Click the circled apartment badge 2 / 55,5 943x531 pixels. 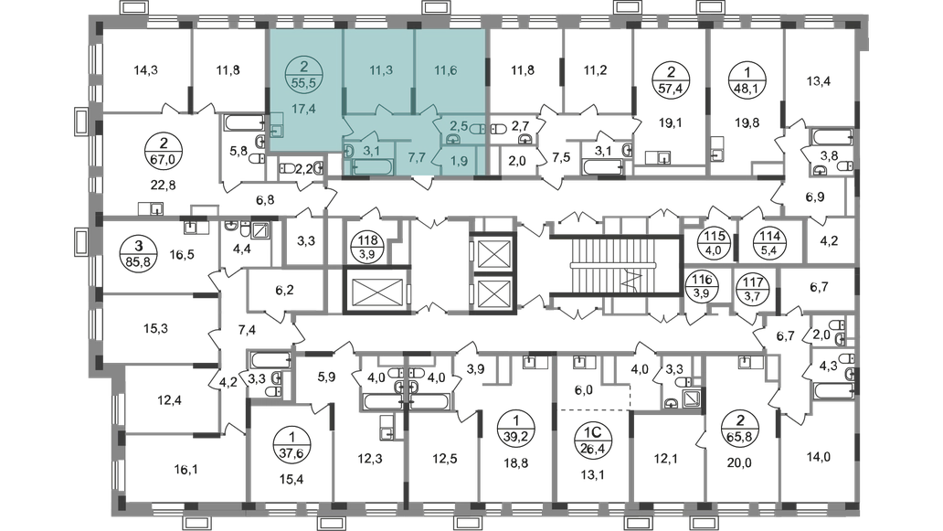pyautogui.click(x=303, y=75)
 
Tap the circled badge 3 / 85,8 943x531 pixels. pyautogui.click(x=139, y=254)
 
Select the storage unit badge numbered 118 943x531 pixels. pyautogui.click(x=366, y=247)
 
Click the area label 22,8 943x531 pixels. pyautogui.click(x=163, y=186)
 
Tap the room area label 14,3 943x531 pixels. pyautogui.click(x=145, y=70)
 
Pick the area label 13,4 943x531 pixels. pyautogui.click(x=818, y=81)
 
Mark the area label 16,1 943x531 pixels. pyautogui.click(x=185, y=469)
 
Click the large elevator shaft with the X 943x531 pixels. pyautogui.click(x=376, y=291)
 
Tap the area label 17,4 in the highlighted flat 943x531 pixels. pyautogui.click(x=303, y=109)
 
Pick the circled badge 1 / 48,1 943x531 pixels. pyautogui.click(x=747, y=80)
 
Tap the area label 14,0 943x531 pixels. pyautogui.click(x=818, y=457)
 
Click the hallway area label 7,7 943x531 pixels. pyautogui.click(x=417, y=158)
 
